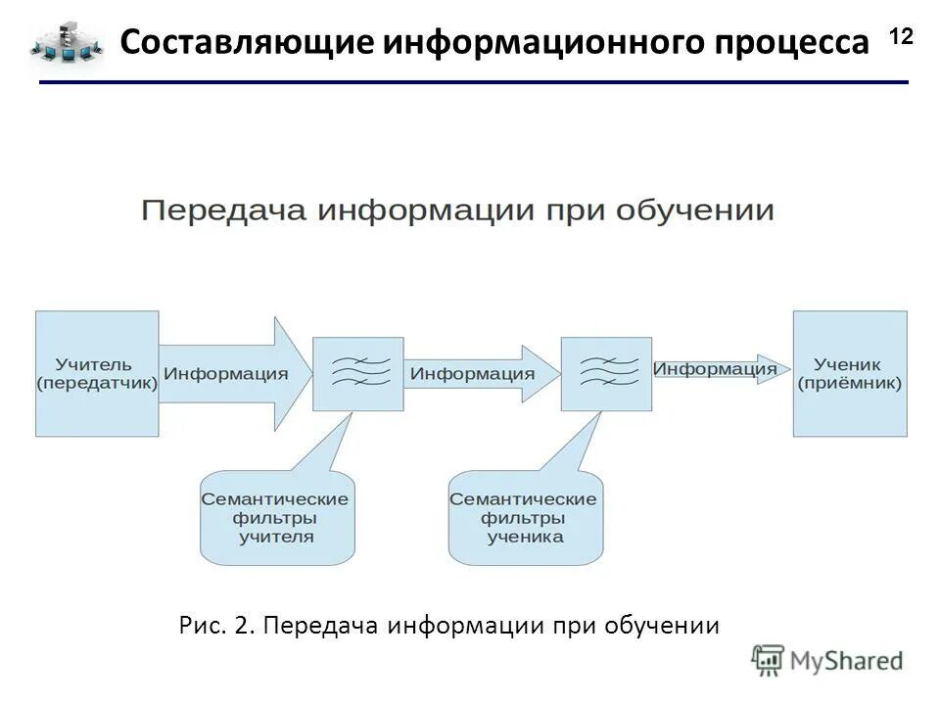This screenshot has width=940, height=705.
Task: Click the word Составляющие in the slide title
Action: [244, 43]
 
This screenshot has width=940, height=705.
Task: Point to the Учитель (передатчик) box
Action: [97, 373]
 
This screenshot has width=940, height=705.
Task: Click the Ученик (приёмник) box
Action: [849, 373]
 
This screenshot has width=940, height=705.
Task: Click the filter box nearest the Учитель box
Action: [357, 373]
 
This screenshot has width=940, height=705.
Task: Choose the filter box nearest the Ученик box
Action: [606, 373]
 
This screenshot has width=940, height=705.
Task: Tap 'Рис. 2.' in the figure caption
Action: [216, 625]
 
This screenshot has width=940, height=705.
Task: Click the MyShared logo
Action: [826, 660]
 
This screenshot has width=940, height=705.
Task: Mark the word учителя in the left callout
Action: [276, 537]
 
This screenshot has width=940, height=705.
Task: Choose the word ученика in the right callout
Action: [524, 537]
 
